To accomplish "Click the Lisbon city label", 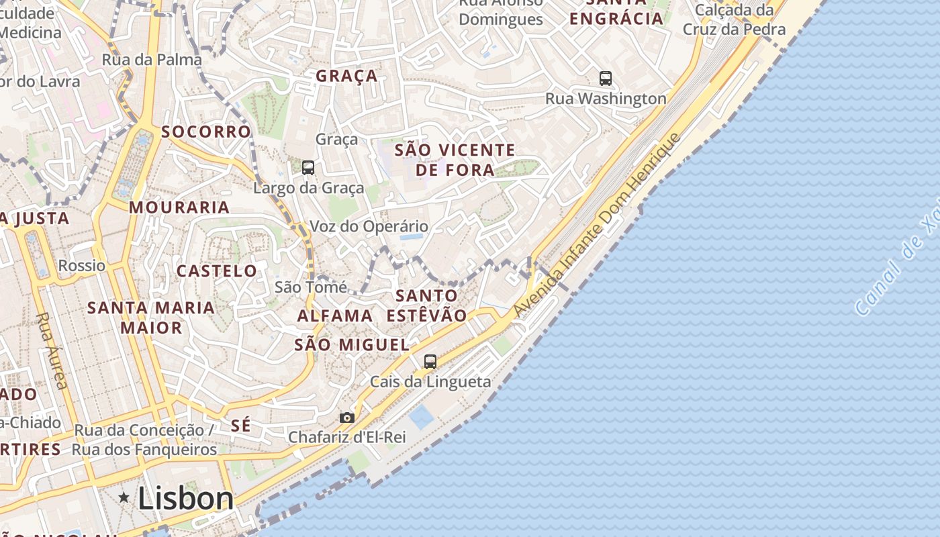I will coord(186,498).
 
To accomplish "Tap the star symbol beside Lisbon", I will coord(124,497).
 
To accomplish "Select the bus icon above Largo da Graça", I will coord(308,168).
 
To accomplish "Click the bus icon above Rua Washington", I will coord(606,79).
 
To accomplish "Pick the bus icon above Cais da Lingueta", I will coord(430,361).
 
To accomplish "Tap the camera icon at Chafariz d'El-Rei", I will coord(347,418).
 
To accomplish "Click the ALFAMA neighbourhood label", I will coord(335,315).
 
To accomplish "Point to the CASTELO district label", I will coord(217,271).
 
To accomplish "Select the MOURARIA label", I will coord(179,207).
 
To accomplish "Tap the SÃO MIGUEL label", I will coord(352,345).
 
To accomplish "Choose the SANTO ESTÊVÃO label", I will coord(426,305).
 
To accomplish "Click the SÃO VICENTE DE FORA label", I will coord(455,160).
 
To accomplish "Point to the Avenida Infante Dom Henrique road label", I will coord(598,226).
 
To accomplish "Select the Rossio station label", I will coord(82,265).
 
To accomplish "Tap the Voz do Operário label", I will coord(369,227).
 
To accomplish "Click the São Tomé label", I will coord(311,287).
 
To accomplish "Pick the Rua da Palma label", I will coord(152,60).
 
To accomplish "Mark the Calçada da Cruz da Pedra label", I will coord(734,19).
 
